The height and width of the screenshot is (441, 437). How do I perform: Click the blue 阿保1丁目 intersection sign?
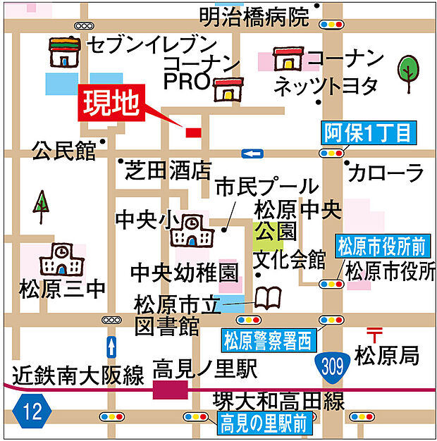(x=371, y=132)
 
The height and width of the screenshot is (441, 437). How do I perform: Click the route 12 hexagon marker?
(x=32, y=410)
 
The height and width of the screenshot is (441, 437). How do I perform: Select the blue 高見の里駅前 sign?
(x=263, y=423)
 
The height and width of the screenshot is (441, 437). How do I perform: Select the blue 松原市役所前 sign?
(x=381, y=247)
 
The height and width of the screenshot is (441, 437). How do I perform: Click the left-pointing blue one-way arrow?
(x=252, y=154)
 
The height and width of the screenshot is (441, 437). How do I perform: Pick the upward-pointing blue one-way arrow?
(x=111, y=347)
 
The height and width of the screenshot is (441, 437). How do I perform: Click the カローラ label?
(x=385, y=172)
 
